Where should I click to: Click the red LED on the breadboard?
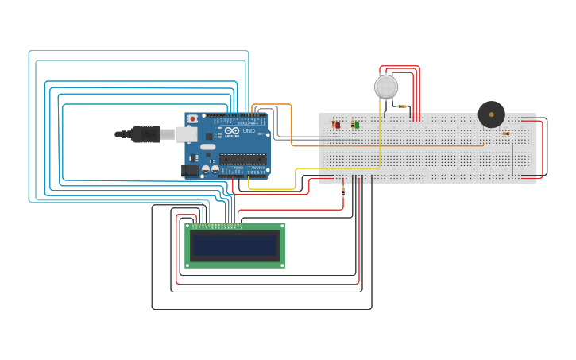pos(338,125)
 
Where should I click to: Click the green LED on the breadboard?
pos(357,125)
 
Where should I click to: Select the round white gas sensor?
pos(386,87)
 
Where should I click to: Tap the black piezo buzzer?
pos(491,114)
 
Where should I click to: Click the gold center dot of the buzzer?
pos(491,114)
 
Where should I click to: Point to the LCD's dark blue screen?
pos(234,246)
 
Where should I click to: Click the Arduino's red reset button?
pos(192,119)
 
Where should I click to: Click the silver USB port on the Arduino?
pos(187,134)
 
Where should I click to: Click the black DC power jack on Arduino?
pos(190,170)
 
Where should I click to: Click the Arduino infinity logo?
pos(231,130)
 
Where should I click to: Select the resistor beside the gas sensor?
pos(402,106)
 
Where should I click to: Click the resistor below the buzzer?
pos(506,134)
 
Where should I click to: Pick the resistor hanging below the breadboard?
pos(342,191)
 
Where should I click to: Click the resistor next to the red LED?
pos(333,123)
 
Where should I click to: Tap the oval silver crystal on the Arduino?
pos(207,147)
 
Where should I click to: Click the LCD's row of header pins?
pos(216,226)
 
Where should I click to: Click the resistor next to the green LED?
pos(352,124)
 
